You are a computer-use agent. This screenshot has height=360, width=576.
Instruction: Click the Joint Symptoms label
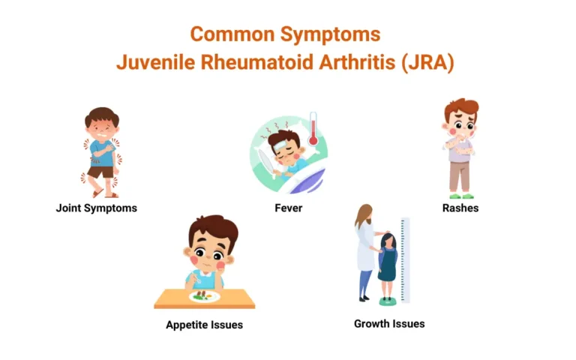(97, 208)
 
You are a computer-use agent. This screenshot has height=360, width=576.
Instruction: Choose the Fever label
(289, 208)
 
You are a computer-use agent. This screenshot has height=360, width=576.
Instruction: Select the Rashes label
(461, 208)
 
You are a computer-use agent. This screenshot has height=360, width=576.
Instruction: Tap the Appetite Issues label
(204, 325)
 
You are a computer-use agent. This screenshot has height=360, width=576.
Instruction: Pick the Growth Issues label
(389, 324)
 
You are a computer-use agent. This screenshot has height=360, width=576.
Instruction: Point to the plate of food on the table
(205, 296)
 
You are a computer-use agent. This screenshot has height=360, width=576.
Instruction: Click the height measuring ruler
(405, 259)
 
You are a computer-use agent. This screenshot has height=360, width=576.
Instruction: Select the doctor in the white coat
(365, 251)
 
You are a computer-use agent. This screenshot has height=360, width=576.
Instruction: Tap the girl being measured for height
(387, 266)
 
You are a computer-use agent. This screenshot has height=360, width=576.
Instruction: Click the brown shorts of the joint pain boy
(100, 172)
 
